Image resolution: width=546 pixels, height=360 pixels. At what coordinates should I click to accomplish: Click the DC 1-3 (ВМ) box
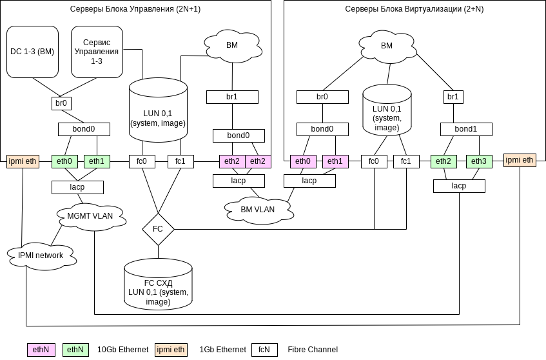pos(32,52)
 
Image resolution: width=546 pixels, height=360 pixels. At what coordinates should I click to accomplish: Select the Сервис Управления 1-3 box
pos(97,52)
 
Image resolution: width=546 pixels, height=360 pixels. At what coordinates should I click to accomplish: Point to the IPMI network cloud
pos(41,255)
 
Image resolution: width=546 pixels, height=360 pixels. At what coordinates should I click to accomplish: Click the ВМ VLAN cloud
pos(257,210)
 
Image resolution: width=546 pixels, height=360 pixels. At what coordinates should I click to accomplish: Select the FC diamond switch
pos(158,229)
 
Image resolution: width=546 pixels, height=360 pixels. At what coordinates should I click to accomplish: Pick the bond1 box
pos(466,129)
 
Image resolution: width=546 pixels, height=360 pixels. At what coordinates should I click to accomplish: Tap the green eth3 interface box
pos(479,161)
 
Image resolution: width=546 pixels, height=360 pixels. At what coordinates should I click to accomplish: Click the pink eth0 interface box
pos(303,161)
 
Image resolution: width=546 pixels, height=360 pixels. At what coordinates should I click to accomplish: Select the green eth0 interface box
pos(64,161)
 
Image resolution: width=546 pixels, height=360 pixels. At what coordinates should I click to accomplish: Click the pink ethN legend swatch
pos(42,350)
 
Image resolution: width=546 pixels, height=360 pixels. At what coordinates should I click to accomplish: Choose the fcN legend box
pos(264,350)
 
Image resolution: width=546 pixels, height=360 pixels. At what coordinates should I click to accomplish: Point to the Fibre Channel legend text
pos(313,350)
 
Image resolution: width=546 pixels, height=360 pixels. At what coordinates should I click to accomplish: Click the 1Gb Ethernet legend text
pos(222,350)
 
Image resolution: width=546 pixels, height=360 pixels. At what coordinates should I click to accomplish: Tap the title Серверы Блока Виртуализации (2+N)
pos(414,10)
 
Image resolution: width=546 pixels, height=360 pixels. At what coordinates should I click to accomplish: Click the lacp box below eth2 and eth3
pos(459,186)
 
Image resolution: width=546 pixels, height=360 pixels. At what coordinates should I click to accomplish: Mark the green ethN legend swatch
pos(76,350)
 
